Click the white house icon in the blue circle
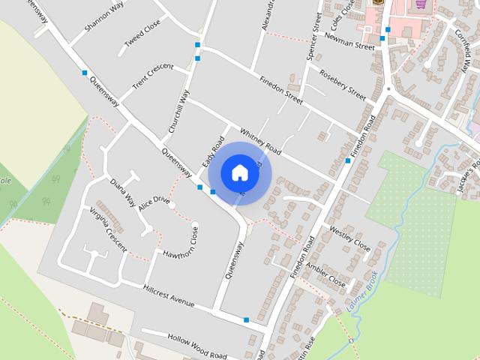pos(239,172)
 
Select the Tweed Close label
pos(142,33)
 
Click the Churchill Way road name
pos(178,111)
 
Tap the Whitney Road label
pos(261,139)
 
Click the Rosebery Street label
pos(342,85)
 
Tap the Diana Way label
pos(122,193)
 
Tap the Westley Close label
pos(349,238)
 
